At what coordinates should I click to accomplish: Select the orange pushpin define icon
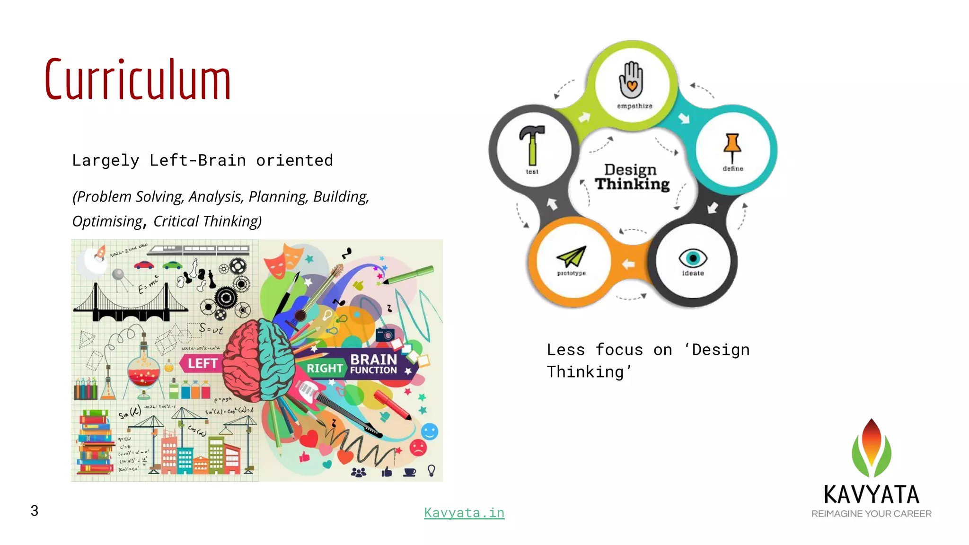point(732,147)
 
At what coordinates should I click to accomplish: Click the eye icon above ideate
point(693,258)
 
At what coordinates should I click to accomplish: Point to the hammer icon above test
point(532,144)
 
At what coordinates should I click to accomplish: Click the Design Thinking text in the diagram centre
point(632,177)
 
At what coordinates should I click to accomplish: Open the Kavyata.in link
point(464,512)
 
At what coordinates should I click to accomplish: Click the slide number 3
point(35,510)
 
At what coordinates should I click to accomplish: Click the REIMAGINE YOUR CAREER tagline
point(871,514)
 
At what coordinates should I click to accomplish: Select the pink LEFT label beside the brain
point(202,363)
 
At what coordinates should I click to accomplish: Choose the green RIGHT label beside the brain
point(324,368)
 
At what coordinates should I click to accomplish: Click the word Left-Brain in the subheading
point(198,160)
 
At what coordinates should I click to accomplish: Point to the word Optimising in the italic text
point(107,221)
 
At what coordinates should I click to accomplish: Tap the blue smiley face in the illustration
point(429,431)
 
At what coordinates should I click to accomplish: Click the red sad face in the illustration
point(418,448)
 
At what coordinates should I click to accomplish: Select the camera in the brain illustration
point(385,334)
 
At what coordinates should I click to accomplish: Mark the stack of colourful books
point(96,442)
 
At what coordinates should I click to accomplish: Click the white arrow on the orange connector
point(628,264)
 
